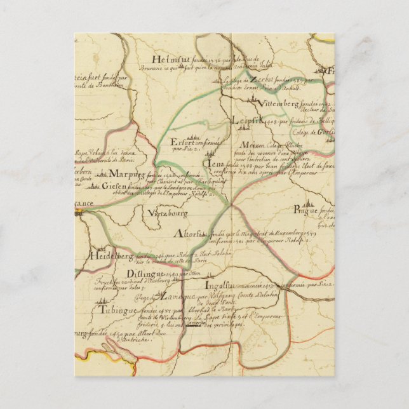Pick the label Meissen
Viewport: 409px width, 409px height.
coord(253,144)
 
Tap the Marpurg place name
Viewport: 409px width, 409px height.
coord(124,173)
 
